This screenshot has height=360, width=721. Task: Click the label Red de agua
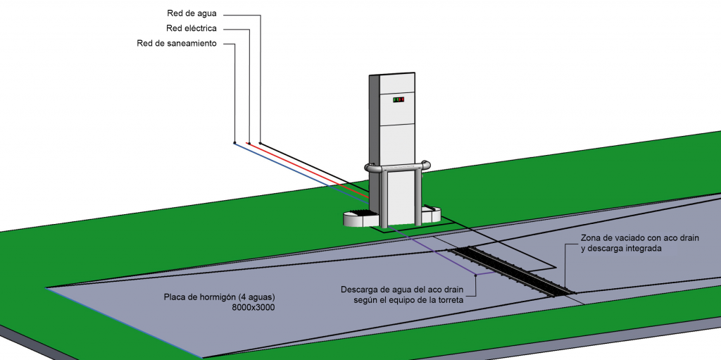[192, 14]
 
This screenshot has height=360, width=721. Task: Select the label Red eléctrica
[192, 29]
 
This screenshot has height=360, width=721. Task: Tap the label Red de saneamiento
[177, 44]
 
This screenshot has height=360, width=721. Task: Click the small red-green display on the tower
[399, 99]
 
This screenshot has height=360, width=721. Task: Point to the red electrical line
[309, 170]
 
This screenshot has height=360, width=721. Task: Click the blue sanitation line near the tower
[301, 173]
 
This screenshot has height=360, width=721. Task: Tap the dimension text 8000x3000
[253, 308]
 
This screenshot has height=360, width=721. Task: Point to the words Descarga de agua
[370, 290]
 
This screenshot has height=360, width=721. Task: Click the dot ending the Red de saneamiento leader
[234, 143]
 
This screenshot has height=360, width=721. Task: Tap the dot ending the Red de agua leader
[260, 143]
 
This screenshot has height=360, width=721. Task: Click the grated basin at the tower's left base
[360, 218]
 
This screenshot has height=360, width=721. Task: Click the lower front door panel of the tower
[403, 198]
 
